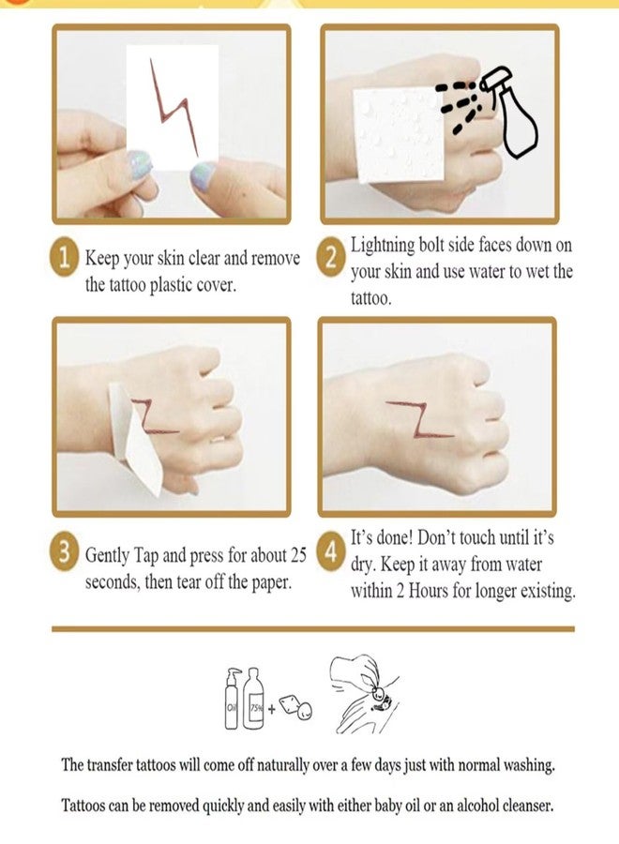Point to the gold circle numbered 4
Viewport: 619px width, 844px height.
pos(330,552)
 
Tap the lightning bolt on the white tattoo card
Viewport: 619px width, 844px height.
pos(174,108)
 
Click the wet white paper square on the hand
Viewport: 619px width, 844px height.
pos(399,134)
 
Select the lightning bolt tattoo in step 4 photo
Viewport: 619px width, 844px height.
pos(419,417)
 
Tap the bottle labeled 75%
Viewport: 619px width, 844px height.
pos(253,699)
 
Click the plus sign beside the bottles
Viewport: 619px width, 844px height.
pos(271,709)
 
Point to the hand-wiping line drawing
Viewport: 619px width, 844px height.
pos(364,694)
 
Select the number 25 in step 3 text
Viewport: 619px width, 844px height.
pos(298,554)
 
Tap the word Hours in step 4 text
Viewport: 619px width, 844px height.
pos(429,591)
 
